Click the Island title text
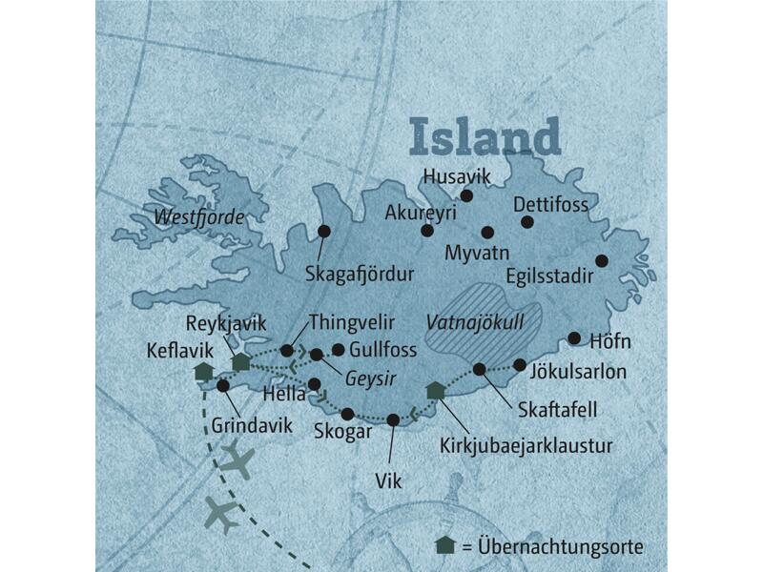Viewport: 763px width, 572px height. point(485,135)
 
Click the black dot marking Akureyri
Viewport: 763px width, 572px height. point(427,230)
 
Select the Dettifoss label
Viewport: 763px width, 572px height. point(551,204)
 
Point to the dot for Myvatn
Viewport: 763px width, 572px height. point(487,232)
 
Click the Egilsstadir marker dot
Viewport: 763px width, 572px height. point(601,260)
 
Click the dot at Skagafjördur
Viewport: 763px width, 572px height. point(324,230)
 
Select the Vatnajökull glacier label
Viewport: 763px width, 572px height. point(475,321)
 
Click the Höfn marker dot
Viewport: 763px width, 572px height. point(574,337)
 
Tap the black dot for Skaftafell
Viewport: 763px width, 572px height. point(480,369)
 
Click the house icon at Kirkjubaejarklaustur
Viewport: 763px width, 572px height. point(435,389)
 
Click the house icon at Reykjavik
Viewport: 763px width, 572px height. point(241,360)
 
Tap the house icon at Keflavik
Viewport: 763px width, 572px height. point(202,371)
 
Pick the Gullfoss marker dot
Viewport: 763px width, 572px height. point(338,349)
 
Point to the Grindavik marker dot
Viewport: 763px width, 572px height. point(223,386)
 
